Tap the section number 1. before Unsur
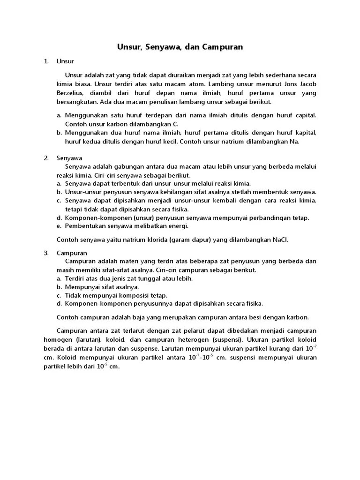(46, 61)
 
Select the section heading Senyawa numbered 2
(69, 158)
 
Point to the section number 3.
(46, 253)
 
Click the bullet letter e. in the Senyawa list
(59, 226)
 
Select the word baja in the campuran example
(133, 317)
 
